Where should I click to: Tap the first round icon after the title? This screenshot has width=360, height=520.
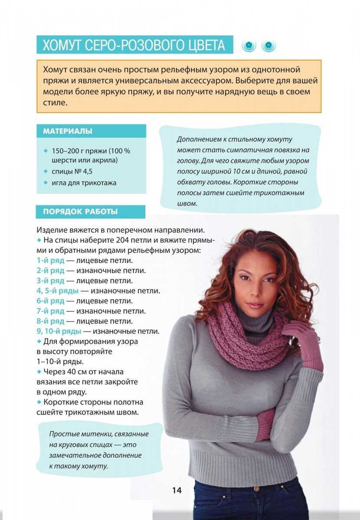click(249, 45)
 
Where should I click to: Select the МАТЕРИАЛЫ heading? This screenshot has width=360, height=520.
click(67, 131)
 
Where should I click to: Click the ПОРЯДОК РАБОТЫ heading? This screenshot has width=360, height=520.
click(80, 212)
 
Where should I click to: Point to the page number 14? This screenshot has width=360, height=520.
click(177, 490)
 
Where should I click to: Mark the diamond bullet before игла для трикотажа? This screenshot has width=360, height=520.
click(45, 182)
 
